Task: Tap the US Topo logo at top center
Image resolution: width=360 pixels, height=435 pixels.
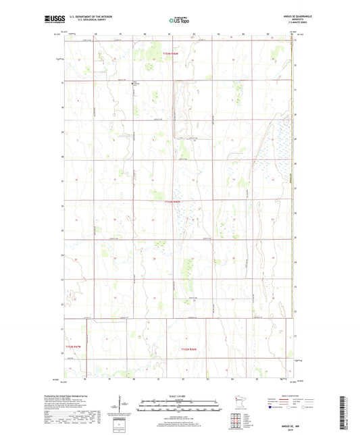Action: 180,21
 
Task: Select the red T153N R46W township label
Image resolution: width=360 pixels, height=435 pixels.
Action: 174,201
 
